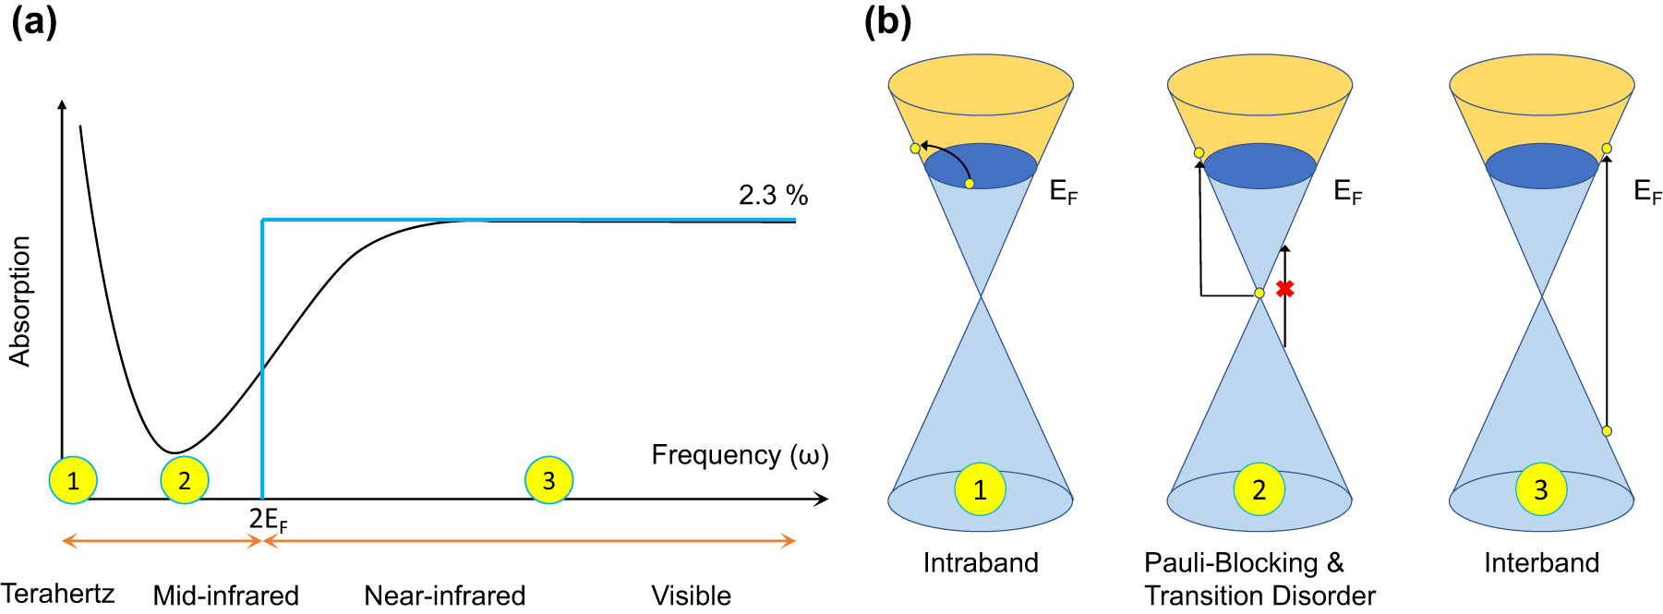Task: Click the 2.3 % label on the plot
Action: (773, 196)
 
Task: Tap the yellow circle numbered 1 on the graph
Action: (73, 480)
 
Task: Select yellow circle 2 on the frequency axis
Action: (185, 480)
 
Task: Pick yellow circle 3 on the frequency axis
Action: (548, 480)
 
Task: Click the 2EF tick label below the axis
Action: (268, 520)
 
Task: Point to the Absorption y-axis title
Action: (20, 301)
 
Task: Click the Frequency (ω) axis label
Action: (740, 455)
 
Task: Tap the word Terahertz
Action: (57, 593)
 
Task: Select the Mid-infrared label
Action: (225, 596)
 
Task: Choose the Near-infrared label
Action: (444, 596)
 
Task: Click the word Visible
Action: (691, 596)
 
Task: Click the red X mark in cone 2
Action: (1284, 289)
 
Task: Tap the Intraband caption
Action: (981, 562)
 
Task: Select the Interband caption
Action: (1541, 562)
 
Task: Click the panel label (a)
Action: (34, 20)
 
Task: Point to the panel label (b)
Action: (887, 20)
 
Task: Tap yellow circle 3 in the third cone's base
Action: (1541, 489)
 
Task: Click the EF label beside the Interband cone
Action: (1646, 192)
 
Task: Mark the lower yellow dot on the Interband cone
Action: (1607, 431)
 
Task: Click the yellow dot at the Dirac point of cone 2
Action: (1259, 293)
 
